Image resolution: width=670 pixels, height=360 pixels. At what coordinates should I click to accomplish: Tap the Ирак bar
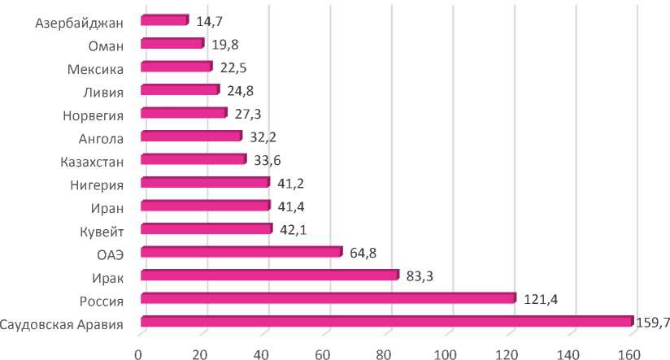[269, 275]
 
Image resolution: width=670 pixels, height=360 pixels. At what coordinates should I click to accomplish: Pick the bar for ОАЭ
[241, 252]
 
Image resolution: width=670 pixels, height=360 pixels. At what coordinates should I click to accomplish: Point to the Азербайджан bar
[164, 20]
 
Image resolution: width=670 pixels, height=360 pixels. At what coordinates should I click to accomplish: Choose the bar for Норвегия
[183, 113]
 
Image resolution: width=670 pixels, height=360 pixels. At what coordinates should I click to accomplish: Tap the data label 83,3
[420, 276]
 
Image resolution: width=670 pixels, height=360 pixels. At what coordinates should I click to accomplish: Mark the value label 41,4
[291, 206]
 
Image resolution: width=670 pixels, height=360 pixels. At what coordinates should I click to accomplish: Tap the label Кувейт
[101, 231]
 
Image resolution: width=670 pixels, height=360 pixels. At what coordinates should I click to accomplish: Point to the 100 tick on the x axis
[446, 352]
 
